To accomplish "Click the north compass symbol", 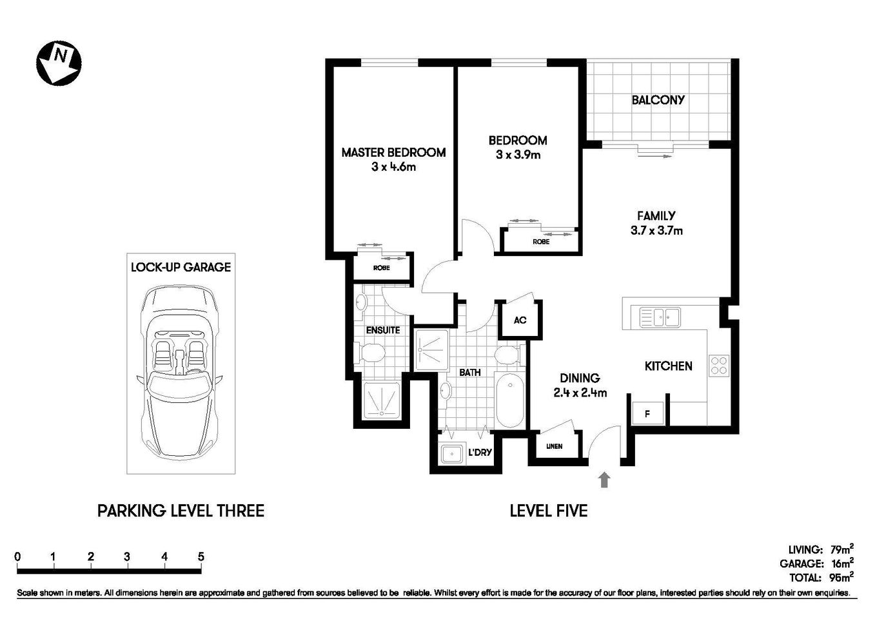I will (59, 63).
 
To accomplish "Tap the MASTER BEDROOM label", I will (393, 153).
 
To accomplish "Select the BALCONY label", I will (658, 100).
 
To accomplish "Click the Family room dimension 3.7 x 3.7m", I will (656, 231).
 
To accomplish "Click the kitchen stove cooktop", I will (719, 366).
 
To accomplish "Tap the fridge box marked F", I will (647, 414).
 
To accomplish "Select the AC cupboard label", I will (520, 320).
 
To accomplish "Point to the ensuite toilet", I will (372, 353).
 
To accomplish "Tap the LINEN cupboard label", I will (554, 446).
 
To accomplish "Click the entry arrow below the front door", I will (604, 480).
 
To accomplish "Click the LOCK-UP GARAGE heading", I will (181, 267).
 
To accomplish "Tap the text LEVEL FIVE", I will (549, 511).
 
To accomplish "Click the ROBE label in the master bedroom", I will (382, 268).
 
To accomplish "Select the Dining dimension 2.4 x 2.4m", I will (580, 393).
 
